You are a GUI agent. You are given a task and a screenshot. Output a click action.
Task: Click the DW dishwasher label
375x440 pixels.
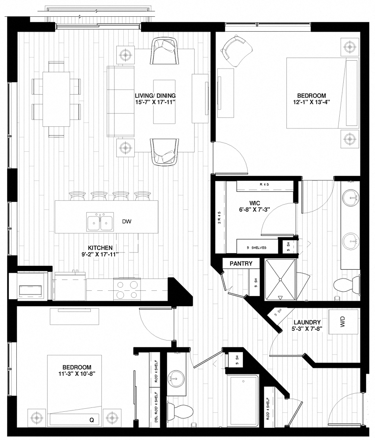point(127,222)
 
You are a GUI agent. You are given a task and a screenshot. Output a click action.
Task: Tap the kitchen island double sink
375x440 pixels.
point(99,222)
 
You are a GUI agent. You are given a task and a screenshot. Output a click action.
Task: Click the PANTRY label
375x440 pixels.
point(241,264)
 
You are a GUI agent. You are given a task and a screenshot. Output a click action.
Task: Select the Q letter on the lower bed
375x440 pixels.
point(92,420)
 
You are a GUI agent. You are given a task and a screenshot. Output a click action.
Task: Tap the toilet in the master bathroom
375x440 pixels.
point(346,284)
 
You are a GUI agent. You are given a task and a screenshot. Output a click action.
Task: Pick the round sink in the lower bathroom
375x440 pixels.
point(178,377)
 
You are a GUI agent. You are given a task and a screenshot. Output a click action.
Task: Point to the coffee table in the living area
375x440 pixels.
point(164,101)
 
